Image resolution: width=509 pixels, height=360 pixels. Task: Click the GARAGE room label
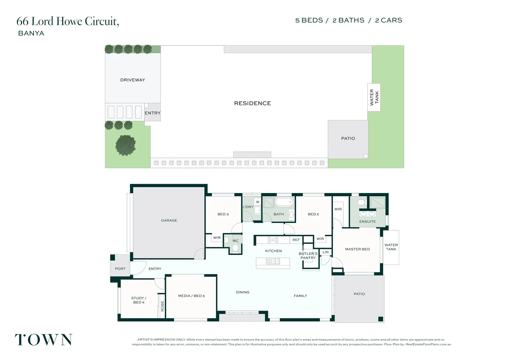coord(169,220)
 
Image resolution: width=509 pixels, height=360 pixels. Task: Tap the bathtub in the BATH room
coord(284,202)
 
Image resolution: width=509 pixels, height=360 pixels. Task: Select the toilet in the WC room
coord(236,248)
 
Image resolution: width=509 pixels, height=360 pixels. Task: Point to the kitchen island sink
coord(273,261)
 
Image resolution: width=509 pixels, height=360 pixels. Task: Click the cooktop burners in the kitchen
coord(273,240)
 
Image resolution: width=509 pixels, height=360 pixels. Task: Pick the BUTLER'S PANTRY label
coord(308,256)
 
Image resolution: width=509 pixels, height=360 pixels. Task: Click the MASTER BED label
coord(357,249)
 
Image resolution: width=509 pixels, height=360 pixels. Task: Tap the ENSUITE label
coord(367,221)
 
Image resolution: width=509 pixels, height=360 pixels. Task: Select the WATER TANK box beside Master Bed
coord(391,247)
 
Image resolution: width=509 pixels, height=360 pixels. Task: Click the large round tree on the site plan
coord(126,145)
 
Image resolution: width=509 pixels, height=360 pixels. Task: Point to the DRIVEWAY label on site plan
coord(133,80)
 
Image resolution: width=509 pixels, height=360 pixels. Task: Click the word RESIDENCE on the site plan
coord(253,103)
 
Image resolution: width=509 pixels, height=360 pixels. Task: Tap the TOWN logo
coord(44,340)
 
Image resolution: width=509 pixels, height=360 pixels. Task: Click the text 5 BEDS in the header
coord(309,20)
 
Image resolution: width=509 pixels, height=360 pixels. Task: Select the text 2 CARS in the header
coord(388,20)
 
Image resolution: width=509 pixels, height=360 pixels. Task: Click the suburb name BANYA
coord(31,33)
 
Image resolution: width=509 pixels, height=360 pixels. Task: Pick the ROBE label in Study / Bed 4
coord(163,306)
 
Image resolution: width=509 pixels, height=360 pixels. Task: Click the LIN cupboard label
coord(325,252)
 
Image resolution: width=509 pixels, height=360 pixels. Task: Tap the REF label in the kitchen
coord(296,240)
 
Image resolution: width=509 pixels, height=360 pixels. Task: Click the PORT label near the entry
coord(120,269)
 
